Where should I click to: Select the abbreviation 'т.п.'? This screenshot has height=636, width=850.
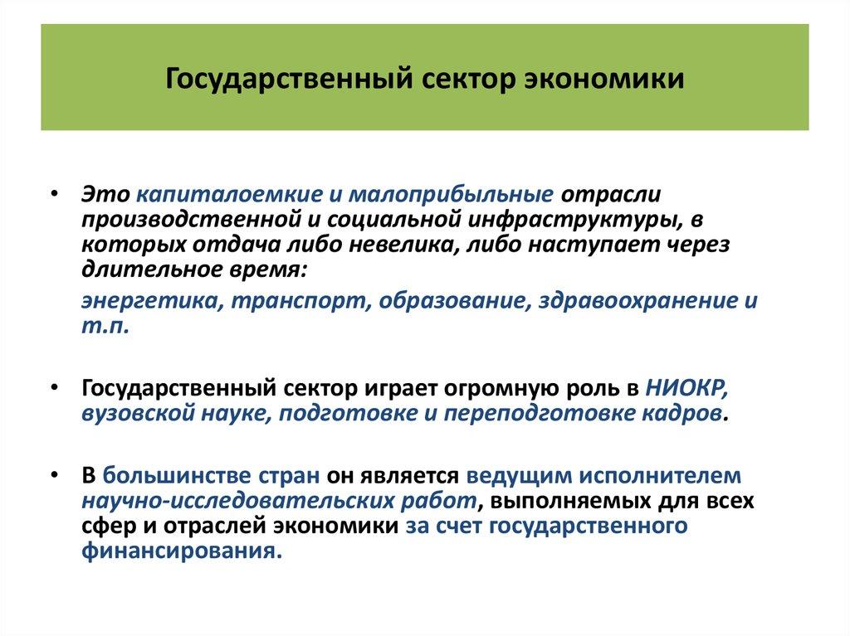(x=105, y=325)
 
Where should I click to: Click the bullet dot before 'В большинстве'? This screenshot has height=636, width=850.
(x=54, y=477)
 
